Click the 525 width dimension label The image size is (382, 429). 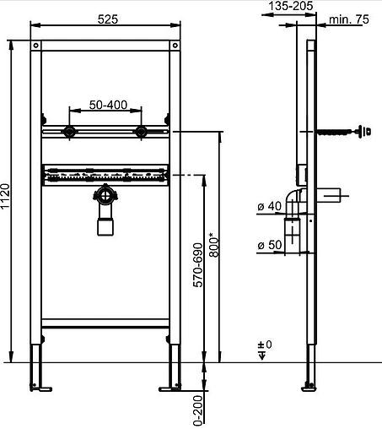pyautogui.click(x=108, y=19)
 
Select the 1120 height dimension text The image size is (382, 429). pyautogui.click(x=5, y=196)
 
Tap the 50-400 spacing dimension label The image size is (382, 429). pyautogui.click(x=108, y=105)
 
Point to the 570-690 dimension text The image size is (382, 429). pyautogui.click(x=198, y=265)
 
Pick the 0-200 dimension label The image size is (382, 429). pyautogui.click(x=198, y=410)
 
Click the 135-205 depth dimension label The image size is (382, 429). pyautogui.click(x=291, y=6)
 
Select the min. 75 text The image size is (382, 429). pyautogui.click(x=349, y=19)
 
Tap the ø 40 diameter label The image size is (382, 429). pyautogui.click(x=269, y=206)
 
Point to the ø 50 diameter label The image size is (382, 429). pyautogui.click(x=269, y=245)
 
